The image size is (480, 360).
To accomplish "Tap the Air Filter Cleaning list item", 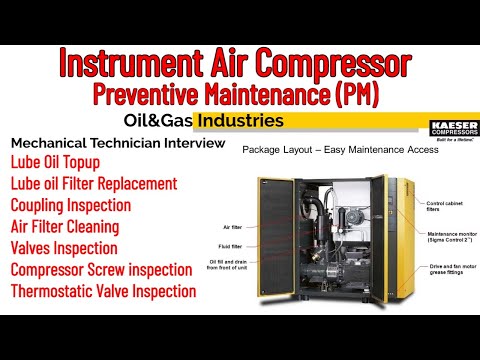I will coord(71,227).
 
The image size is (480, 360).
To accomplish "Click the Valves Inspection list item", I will coord(64,248).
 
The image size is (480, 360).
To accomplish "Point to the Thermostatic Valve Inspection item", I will coord(103,291).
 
